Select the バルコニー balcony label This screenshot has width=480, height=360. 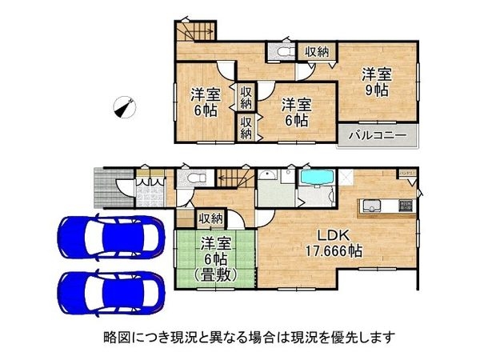[x=377, y=134]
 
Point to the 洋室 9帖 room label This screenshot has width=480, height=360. [x=377, y=82]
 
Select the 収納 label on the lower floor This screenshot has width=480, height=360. [x=211, y=218]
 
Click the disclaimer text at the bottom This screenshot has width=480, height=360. [x=240, y=337]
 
